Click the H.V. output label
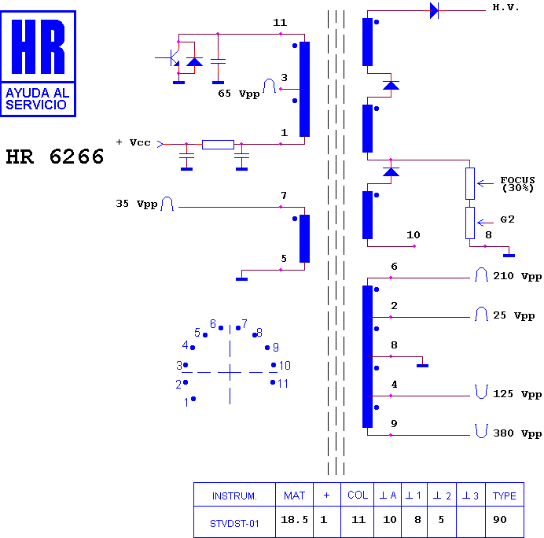pos(505,7)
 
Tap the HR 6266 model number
pos(55,157)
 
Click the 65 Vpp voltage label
pos(239,94)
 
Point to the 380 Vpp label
pos(517,433)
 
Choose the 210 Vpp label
pos(517,276)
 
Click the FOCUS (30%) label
pos(517,184)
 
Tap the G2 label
pos(507,219)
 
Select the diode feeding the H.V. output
pos(434,10)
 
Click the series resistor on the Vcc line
pos(218,145)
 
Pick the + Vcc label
pos(133,142)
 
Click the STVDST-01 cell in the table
pos(234,523)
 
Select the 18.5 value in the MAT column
pos(294,520)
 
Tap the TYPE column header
pos(504,496)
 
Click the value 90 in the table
pos(500,520)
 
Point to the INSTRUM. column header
pos(234,496)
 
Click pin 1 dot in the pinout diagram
pos(193,399)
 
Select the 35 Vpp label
pos(136,204)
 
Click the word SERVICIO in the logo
pos(35,105)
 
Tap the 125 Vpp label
pos(517,394)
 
